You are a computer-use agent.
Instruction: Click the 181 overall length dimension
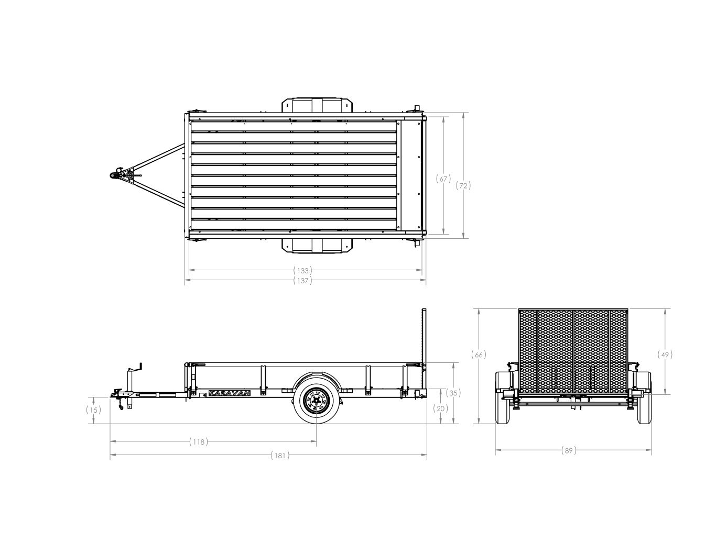coord(280,455)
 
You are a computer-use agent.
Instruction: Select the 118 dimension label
coord(199,442)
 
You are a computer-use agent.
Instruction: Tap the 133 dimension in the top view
coord(302,271)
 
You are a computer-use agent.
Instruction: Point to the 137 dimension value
coord(302,281)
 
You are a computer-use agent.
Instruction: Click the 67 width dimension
coord(443,179)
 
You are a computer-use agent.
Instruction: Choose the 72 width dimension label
coord(463,186)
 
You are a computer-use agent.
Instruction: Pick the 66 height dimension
coord(479,355)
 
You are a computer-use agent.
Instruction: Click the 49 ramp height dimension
coord(665,355)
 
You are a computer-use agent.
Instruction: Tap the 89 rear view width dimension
coord(569,451)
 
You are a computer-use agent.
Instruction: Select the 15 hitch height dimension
coord(94,410)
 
